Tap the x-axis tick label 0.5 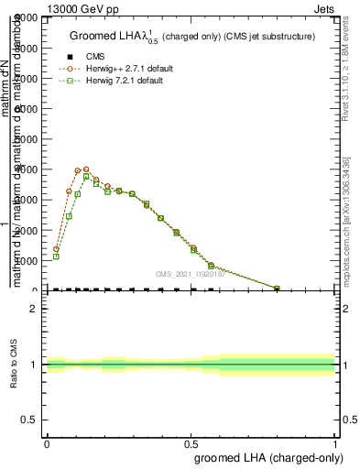point(191,442)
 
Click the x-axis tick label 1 point(335,442)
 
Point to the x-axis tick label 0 point(47,442)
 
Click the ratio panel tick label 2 point(34,309)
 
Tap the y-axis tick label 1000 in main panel point(26,260)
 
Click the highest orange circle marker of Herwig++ point(86,169)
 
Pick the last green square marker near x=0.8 point(277,289)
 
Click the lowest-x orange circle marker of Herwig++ point(56,249)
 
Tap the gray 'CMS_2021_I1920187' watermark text point(190,273)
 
